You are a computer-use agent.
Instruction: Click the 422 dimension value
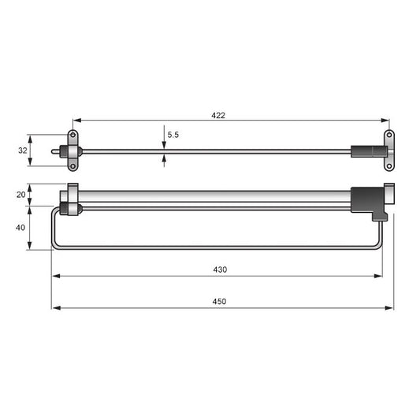click(x=218, y=115)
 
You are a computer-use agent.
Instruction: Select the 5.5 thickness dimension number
click(x=173, y=135)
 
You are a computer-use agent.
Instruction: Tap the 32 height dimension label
click(x=22, y=150)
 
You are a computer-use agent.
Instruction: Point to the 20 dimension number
click(x=20, y=195)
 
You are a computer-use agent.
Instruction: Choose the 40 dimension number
click(x=20, y=227)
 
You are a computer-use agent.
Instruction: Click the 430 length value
click(x=220, y=269)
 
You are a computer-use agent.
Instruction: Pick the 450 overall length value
click(x=220, y=302)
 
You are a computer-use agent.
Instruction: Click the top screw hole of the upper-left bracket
click(x=72, y=136)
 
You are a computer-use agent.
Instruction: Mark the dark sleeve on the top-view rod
click(x=363, y=151)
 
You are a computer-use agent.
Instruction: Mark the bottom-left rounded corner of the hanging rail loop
click(x=54, y=246)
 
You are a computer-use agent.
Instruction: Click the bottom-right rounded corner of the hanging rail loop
click(x=381, y=246)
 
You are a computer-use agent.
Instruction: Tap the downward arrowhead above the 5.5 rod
click(x=164, y=144)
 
